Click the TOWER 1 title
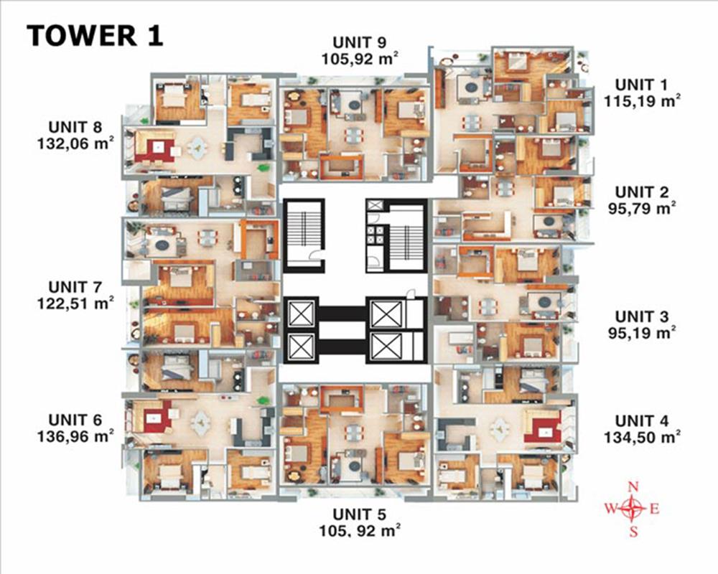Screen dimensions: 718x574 coord(95,36)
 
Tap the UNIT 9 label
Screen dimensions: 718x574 coord(360,42)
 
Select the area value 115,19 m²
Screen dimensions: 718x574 coord(642,100)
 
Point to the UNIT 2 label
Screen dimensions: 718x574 coord(642,192)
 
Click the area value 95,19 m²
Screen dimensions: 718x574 coord(642,333)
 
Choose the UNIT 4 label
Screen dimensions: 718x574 coord(642,420)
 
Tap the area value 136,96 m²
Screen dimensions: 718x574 coord(75,436)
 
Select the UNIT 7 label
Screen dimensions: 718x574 coord(75,287)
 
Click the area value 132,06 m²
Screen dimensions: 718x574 coord(75,143)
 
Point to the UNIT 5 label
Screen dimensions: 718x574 coord(360,514)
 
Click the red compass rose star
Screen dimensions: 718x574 coord(633,508)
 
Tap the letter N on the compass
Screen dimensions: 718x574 coord(633,487)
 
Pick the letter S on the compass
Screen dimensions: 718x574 coord(633,531)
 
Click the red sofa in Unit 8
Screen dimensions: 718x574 coord(154,151)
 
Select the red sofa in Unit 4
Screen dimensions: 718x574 coord(543,428)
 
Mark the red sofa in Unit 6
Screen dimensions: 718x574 coord(157,417)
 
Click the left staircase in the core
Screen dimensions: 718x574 coord(304,235)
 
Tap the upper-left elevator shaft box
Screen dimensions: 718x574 coord(301,314)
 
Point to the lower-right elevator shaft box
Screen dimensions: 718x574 coord(386,347)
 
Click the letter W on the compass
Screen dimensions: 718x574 coord(611,509)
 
